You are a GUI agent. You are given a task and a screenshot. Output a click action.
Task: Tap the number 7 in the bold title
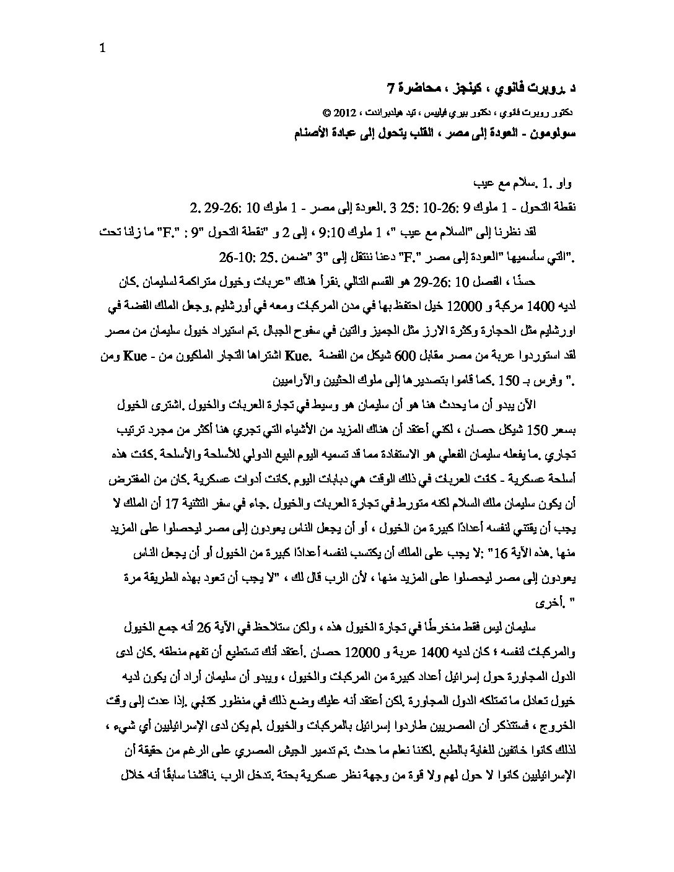point(390,87)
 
